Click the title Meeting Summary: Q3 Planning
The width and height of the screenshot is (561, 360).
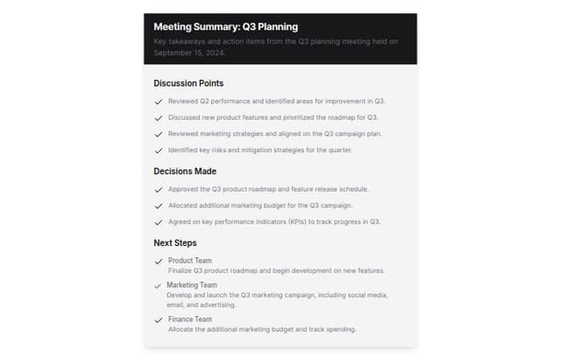pos(225,26)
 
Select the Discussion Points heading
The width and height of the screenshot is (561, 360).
pos(188,83)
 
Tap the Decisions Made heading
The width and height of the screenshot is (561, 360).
pos(185,171)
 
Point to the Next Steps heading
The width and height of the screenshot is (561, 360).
pos(175,243)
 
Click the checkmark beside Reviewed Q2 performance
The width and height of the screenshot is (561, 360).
pos(159,102)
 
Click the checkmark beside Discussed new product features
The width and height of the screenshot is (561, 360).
pos(159,118)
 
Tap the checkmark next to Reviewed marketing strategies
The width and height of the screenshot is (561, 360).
pos(159,134)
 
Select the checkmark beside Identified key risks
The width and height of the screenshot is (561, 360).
pos(159,151)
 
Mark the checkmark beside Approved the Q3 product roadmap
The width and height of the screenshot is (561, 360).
pos(159,189)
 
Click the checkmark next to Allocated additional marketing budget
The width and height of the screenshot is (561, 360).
pos(159,206)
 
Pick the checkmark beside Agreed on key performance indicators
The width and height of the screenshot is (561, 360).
pos(159,222)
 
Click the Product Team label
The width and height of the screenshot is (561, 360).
pos(189,261)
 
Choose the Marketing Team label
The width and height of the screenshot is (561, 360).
pos(191,286)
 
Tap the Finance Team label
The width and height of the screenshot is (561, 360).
pos(189,320)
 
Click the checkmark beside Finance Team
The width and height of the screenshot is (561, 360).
pos(159,321)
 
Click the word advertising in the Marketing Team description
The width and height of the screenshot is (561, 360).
pos(217,305)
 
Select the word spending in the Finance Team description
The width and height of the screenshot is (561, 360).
pos(337,329)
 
